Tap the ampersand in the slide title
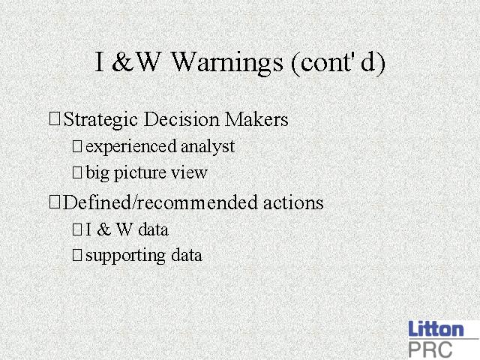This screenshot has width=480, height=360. point(122,61)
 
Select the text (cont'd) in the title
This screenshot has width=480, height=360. point(338,63)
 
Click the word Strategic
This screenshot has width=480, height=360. point(100,120)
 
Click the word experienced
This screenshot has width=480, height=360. point(131,147)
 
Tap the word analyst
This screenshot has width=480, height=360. point(208,147)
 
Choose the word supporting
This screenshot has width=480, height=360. point(126,256)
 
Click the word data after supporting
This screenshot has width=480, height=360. point(187,255)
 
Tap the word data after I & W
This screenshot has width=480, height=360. point(153,229)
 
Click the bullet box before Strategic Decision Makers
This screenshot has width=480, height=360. point(55,118)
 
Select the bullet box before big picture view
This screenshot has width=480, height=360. point(77,172)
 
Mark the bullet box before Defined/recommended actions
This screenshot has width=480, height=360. point(55,202)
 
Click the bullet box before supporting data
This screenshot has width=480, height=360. point(77,255)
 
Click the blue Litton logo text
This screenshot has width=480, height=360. point(436,328)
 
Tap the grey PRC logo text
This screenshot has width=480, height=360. point(430,349)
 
